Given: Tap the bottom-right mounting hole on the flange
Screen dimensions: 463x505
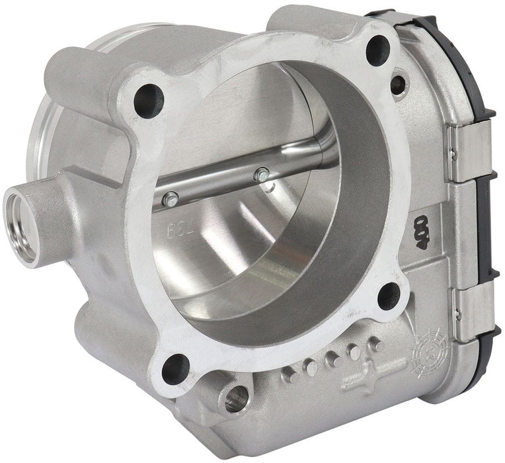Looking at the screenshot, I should click(x=389, y=296).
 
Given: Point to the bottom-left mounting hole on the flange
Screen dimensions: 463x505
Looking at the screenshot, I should click(x=175, y=368).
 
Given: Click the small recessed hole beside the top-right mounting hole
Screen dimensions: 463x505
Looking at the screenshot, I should click(x=398, y=85).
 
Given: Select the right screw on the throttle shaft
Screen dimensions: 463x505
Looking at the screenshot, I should click(x=262, y=175).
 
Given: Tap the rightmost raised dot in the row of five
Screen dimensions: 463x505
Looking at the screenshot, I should click(x=375, y=344).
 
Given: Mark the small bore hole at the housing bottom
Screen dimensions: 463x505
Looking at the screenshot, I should click(x=236, y=398).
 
